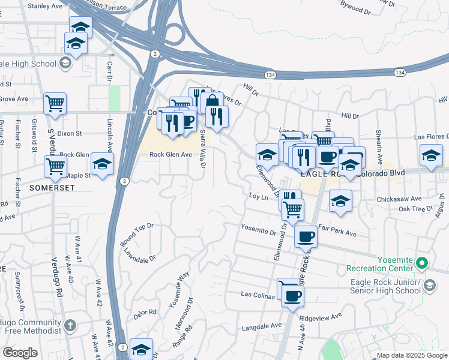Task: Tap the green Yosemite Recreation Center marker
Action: pyautogui.click(x=422, y=263)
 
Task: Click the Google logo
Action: pyautogui.click(x=20, y=353)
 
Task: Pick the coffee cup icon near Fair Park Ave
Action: pyautogui.click(x=306, y=236)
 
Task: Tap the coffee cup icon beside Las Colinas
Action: pyautogui.click(x=292, y=295)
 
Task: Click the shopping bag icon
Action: pyautogui.click(x=211, y=103)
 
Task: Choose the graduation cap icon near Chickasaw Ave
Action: pyautogui.click(x=340, y=200)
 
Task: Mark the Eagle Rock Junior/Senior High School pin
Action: pyautogui.click(x=429, y=286)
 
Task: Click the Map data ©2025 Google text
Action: pyautogui.click(x=412, y=355)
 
